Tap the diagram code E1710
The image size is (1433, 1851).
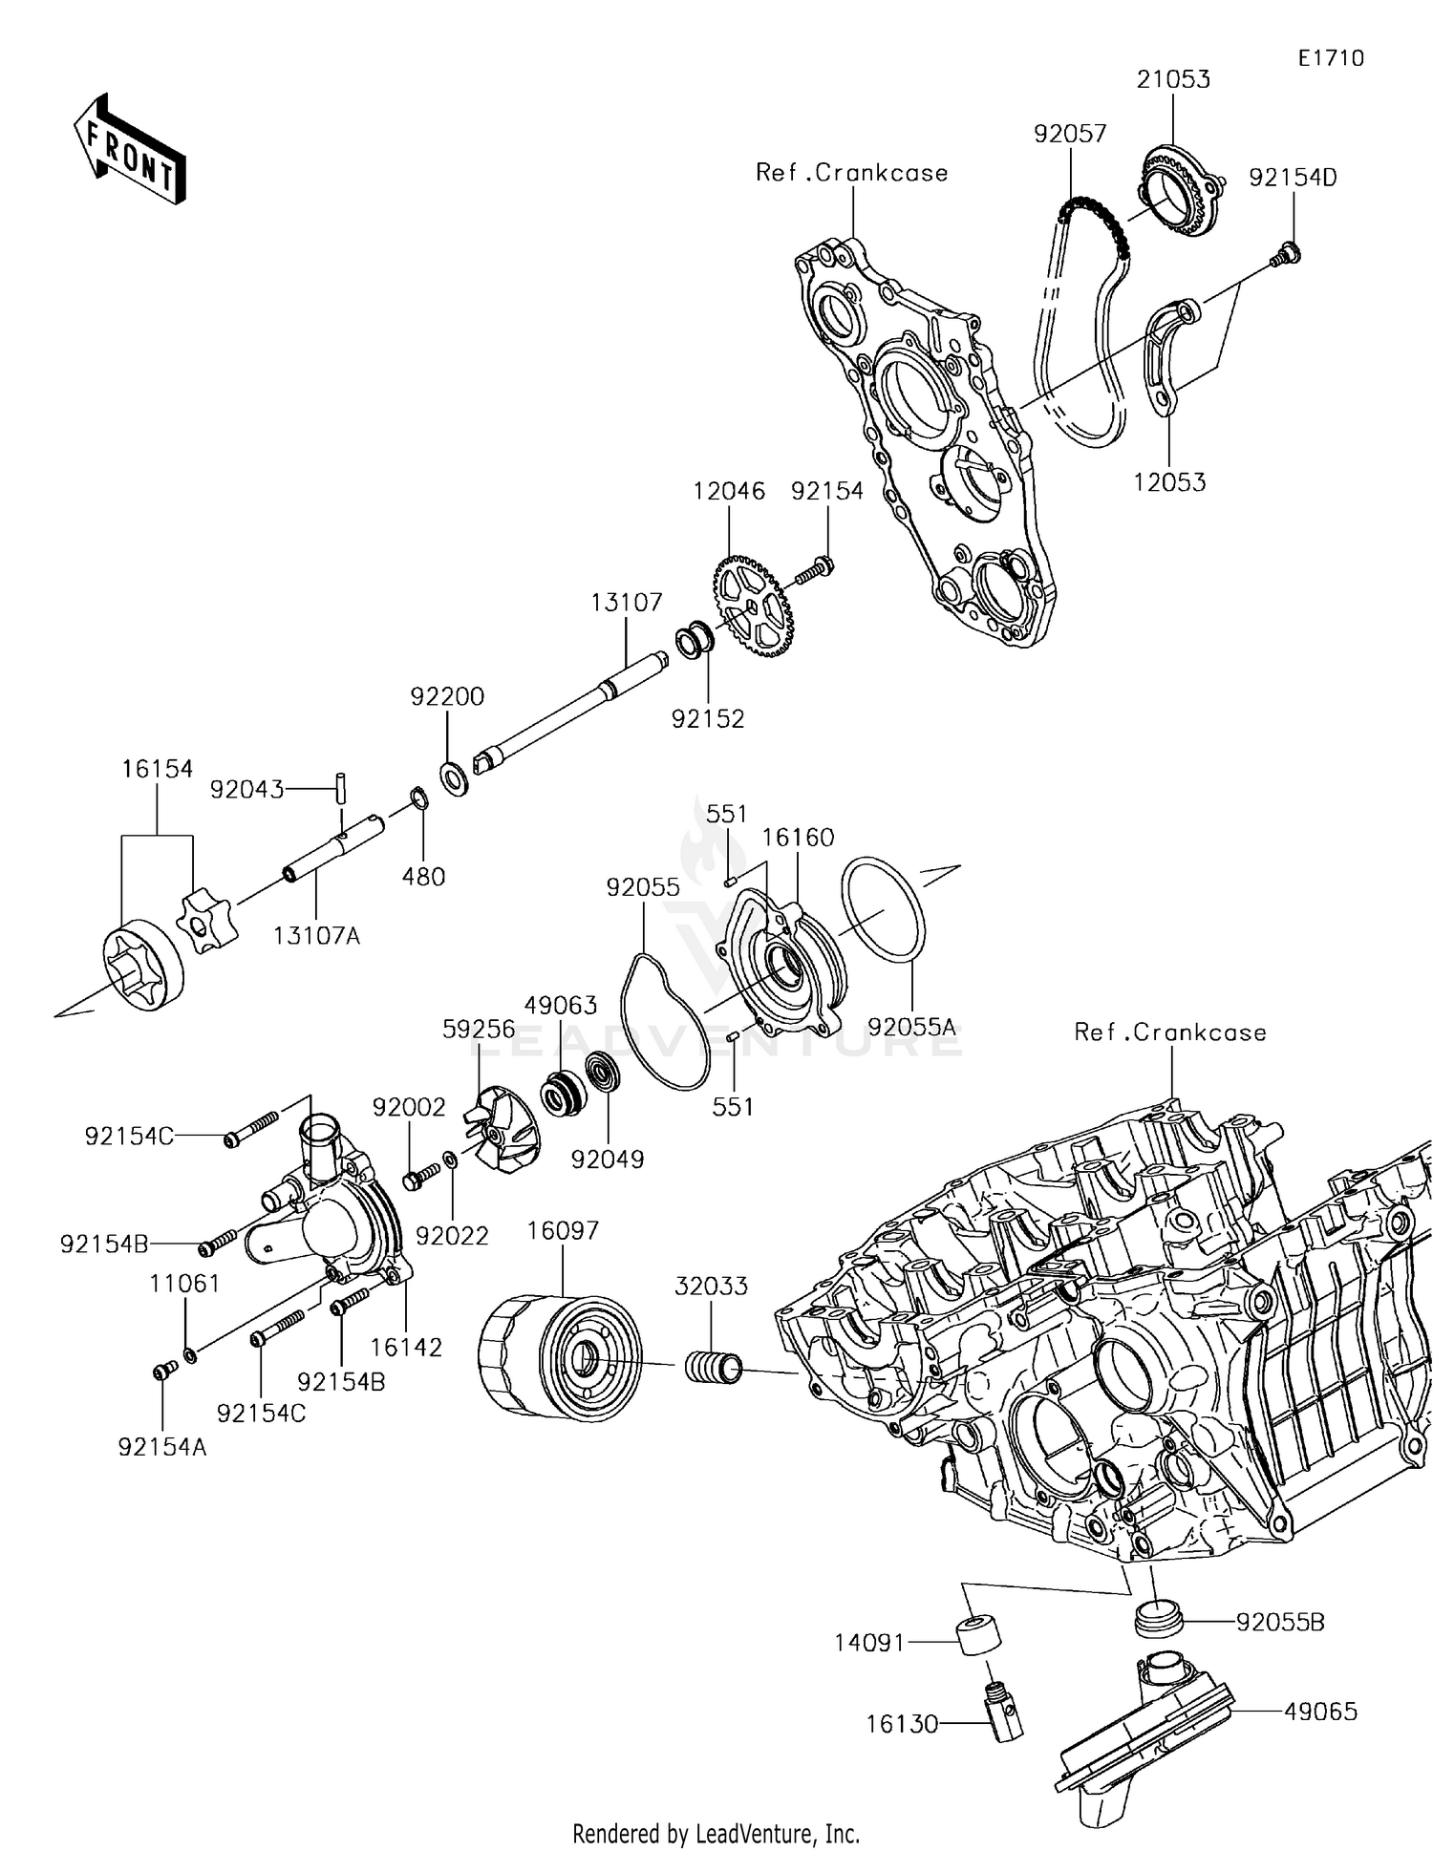pos(1331,58)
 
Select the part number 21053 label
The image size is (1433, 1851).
pos(1173,80)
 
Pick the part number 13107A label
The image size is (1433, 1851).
pos(317,936)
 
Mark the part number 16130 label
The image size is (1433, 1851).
pos(902,1724)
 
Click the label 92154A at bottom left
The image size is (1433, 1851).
pos(162,1446)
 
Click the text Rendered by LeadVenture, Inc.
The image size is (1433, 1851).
pos(716,1833)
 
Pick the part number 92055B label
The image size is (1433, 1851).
pos(1280,1622)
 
